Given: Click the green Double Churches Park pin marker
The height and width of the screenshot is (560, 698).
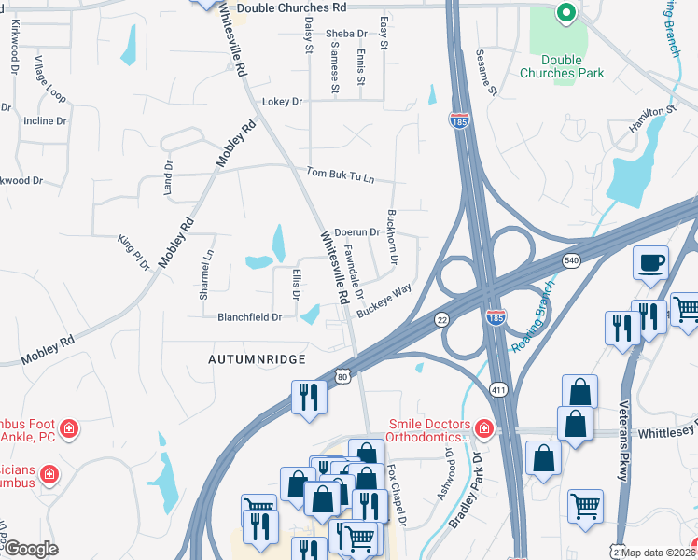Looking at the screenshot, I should pos(565,13).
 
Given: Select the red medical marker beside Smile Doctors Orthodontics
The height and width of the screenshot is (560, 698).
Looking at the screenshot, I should pos(483,428).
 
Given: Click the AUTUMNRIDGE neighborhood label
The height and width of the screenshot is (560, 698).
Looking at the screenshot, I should pos(257,357).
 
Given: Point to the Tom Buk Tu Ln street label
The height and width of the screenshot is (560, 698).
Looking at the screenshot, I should pos(341,175).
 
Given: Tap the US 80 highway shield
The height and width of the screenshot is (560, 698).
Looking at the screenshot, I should pos(342,376).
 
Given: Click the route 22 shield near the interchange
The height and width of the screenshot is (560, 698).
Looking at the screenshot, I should pos(441,319).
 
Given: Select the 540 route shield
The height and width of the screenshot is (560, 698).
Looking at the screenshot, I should pos(571,262).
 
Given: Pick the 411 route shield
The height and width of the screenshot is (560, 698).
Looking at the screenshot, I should pos(498,362).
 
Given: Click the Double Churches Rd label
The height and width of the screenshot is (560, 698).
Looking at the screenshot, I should pos(291,7).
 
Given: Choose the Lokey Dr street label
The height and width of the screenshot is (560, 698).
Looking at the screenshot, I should pos(284,101).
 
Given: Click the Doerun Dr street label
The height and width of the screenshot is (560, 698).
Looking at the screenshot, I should pos(356,231).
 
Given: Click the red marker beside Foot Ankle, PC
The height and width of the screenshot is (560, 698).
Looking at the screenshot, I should pos(68,428).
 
